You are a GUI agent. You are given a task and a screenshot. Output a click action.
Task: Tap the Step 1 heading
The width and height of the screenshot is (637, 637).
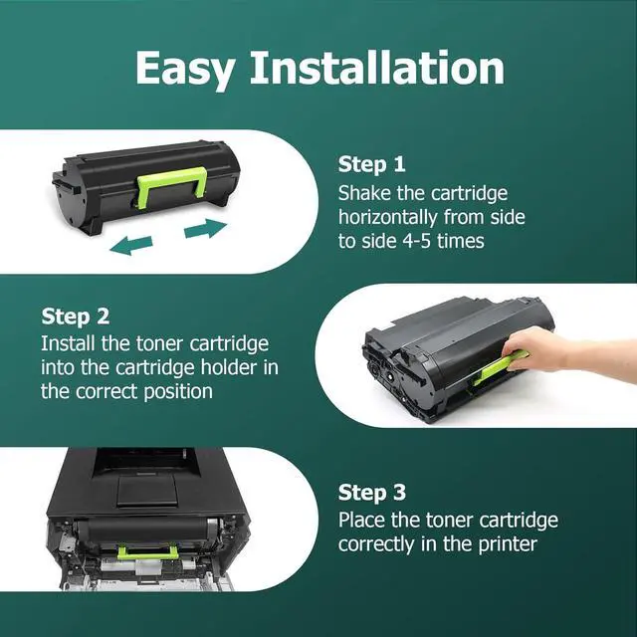(371, 164)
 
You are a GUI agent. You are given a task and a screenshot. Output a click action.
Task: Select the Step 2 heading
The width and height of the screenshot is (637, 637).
(75, 317)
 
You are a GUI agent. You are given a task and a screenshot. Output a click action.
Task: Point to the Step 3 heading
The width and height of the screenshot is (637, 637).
(371, 493)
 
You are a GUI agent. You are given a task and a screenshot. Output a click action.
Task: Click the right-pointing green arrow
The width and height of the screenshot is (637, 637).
(206, 228)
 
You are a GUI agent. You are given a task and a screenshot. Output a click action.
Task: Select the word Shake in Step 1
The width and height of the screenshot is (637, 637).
(365, 192)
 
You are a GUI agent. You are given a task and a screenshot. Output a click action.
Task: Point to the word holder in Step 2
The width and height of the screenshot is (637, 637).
(233, 367)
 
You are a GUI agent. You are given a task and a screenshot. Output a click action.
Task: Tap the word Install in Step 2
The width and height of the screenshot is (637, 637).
(69, 342)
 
